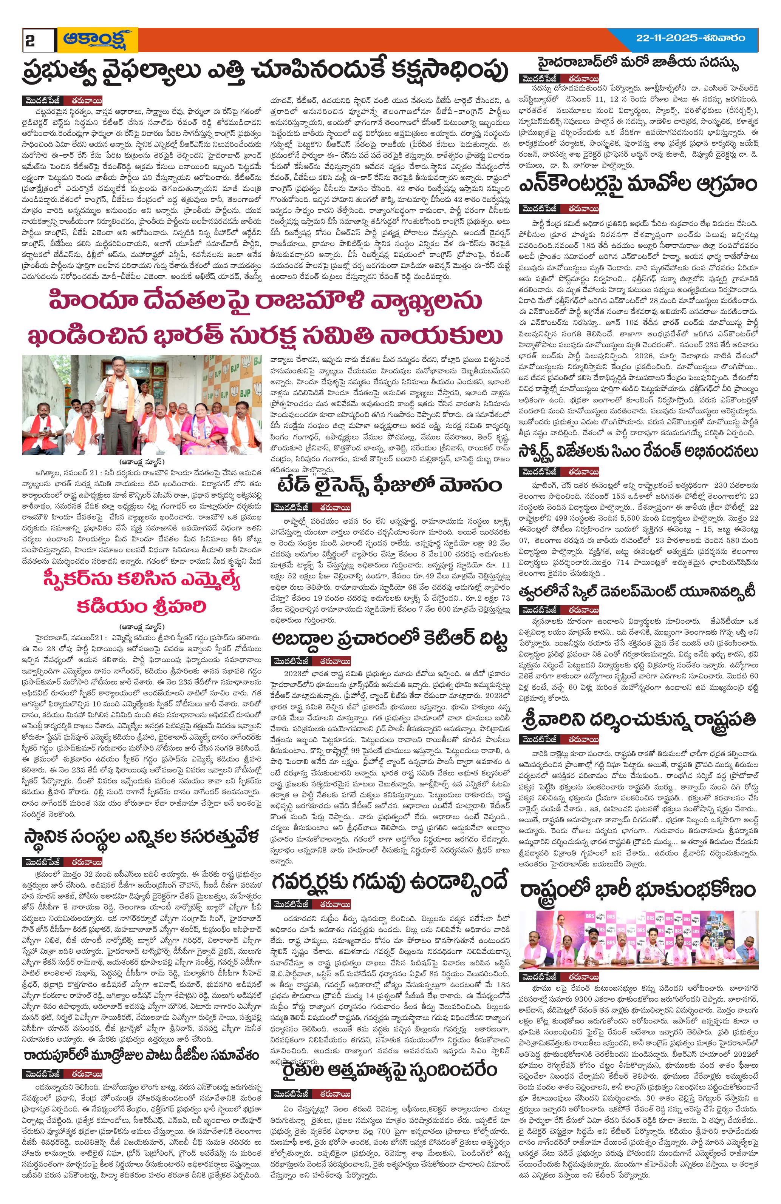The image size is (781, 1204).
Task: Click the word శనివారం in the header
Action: pos(721,37)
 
